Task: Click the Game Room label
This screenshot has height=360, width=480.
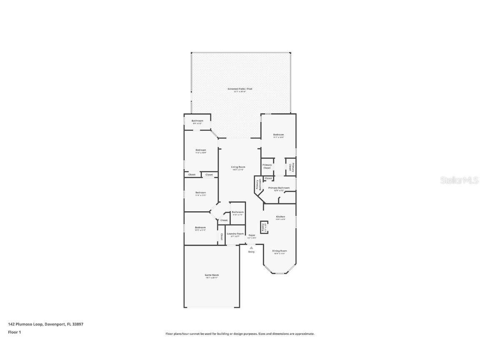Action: (x=212, y=275)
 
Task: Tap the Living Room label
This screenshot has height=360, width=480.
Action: (x=238, y=167)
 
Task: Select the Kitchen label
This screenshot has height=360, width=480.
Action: (x=280, y=217)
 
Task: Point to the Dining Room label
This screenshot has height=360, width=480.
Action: (x=280, y=251)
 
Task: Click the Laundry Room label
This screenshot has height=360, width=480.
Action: (x=235, y=234)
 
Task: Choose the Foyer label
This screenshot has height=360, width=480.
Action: (x=252, y=235)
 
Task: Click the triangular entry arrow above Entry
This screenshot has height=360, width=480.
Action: (x=251, y=247)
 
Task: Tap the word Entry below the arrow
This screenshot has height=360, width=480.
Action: (x=251, y=252)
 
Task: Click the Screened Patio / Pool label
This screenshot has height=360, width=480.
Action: (x=240, y=89)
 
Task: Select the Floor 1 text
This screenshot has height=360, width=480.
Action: (x=14, y=332)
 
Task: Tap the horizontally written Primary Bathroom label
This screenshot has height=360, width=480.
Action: (x=279, y=188)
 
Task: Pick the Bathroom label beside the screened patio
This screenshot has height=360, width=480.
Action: (x=197, y=121)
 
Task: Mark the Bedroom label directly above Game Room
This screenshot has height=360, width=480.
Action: (x=200, y=227)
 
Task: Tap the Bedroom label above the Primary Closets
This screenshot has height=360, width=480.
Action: (x=278, y=135)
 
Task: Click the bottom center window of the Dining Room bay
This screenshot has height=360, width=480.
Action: (x=280, y=273)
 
